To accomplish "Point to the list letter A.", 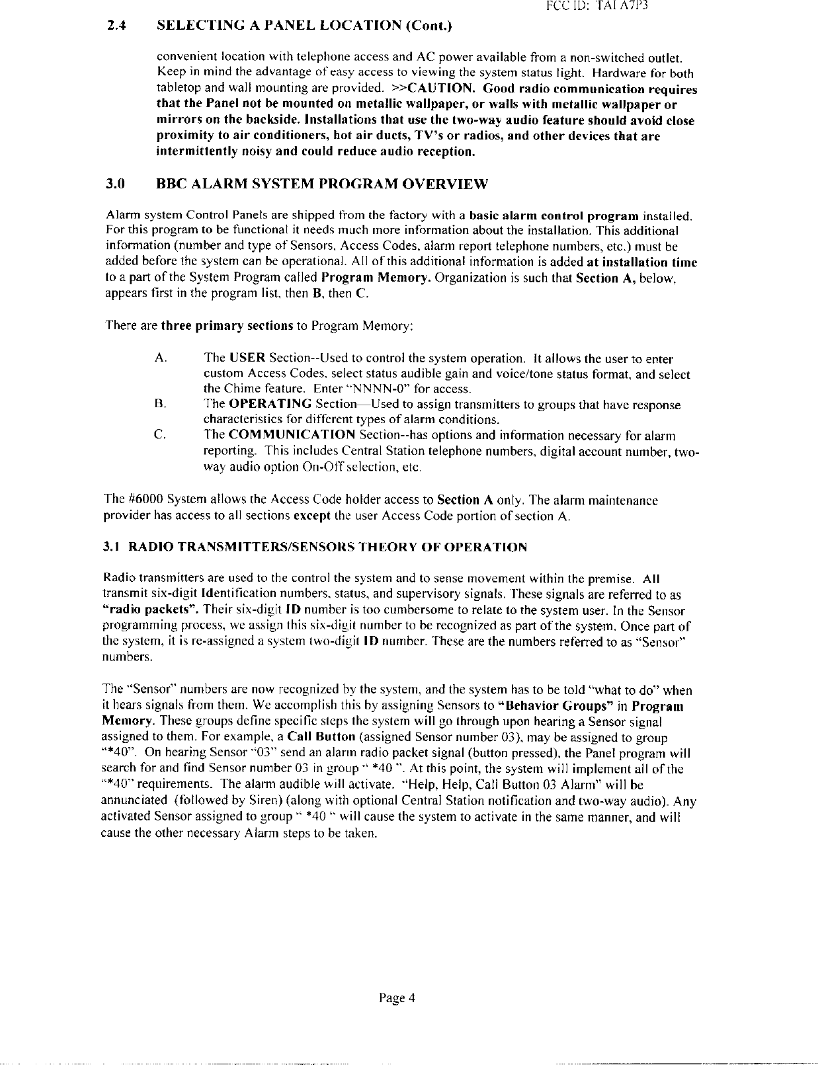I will [x=159, y=359].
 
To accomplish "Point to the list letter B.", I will [x=159, y=404].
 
